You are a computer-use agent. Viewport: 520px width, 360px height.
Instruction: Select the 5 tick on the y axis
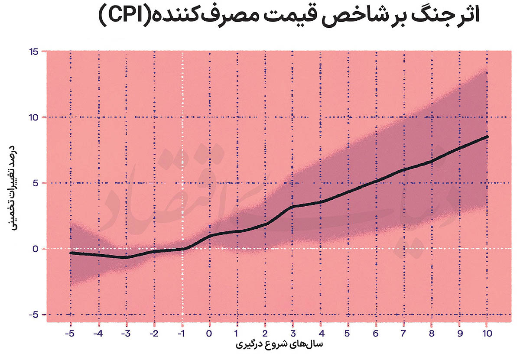(x=35, y=183)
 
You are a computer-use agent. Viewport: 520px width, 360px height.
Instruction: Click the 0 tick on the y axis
(x=35, y=249)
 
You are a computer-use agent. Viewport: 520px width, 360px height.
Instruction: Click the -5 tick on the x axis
(x=69, y=334)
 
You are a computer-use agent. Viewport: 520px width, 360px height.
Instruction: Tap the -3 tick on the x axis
(x=125, y=334)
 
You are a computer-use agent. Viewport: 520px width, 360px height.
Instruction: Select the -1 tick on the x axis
(x=181, y=334)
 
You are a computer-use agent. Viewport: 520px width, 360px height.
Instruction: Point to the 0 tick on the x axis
(x=209, y=334)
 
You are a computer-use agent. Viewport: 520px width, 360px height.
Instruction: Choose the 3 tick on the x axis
(x=292, y=334)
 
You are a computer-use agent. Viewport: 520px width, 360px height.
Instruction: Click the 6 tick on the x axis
(x=376, y=334)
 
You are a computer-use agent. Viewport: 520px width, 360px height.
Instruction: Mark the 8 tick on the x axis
(x=432, y=334)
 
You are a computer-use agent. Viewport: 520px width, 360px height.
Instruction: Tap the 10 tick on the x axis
(x=487, y=334)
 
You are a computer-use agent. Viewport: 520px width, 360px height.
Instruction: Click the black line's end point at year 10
(x=487, y=136)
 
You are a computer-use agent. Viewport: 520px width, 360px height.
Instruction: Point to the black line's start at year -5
(x=71, y=253)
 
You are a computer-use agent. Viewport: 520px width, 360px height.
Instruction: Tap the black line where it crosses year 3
(x=292, y=207)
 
